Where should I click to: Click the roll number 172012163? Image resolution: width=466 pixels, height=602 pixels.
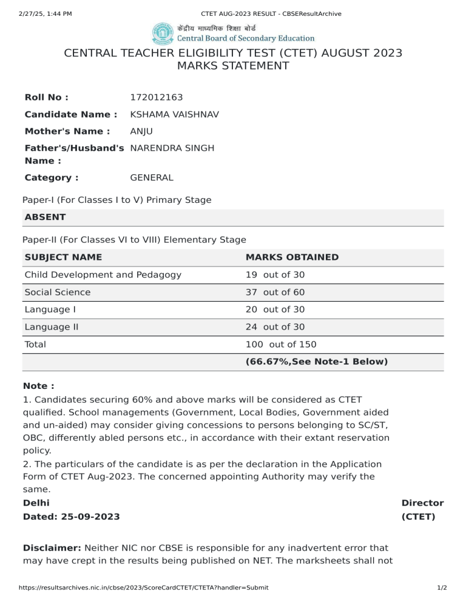tap(157, 98)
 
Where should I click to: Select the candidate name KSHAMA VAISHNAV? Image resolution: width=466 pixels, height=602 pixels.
tap(175, 114)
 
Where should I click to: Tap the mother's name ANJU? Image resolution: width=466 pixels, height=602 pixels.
tap(141, 131)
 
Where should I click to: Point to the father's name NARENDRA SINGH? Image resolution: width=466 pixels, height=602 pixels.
tap(172, 148)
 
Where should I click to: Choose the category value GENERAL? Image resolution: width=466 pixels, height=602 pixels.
tap(152, 177)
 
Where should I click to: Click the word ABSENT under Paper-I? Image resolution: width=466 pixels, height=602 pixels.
tap(45, 217)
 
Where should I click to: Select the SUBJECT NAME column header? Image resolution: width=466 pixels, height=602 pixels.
tap(63, 257)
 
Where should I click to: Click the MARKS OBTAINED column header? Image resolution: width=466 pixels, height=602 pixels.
tap(292, 257)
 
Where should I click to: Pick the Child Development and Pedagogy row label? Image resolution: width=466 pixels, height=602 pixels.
tap(103, 275)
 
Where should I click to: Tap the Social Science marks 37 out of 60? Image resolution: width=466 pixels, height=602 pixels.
tap(275, 293)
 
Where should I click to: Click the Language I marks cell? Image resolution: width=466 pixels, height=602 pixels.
tap(275, 309)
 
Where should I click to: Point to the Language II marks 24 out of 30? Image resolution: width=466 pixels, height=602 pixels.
tap(275, 327)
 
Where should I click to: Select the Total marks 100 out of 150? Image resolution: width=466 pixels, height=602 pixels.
tap(281, 345)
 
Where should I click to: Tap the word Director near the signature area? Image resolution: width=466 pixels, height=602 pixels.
tap(422, 503)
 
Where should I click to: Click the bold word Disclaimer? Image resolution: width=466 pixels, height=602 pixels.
tap(51, 548)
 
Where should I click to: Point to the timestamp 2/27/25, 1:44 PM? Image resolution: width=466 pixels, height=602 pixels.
tap(37, 13)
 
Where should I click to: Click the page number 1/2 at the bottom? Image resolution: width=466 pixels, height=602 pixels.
tap(442, 587)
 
